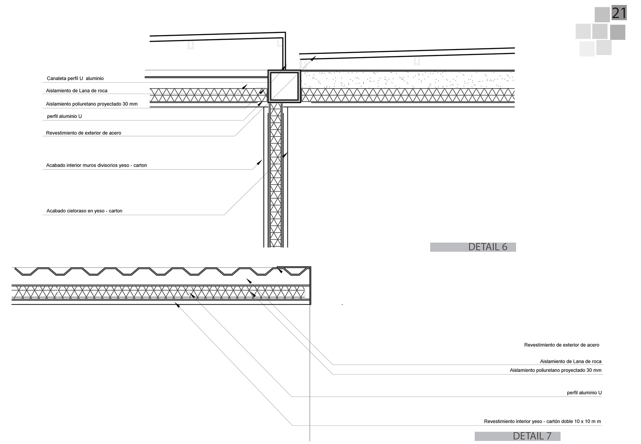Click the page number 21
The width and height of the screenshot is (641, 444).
click(619, 13)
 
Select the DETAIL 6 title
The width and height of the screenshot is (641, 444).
click(487, 247)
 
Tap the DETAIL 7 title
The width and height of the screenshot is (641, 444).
click(532, 436)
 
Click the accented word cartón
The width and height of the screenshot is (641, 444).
click(554, 421)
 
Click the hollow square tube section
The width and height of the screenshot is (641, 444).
click(284, 86)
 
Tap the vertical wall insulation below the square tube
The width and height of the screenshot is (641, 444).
click(276, 173)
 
